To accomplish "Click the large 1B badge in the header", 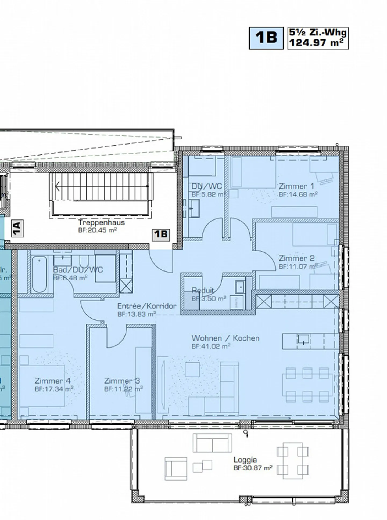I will (x=266, y=38).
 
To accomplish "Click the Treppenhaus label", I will (x=102, y=222).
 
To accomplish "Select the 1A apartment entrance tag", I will (x=17, y=228).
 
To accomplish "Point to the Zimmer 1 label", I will (x=296, y=186).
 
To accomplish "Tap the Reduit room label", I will (x=202, y=290).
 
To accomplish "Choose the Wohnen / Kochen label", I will (x=225, y=338).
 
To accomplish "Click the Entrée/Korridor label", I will (x=147, y=306).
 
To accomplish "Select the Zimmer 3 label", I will (x=122, y=381).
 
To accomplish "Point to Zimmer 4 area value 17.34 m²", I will (x=54, y=389).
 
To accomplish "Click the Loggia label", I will (x=245, y=460).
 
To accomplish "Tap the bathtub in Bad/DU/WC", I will (x=39, y=274).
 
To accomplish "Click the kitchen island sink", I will (x=303, y=340).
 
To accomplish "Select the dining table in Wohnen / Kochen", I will (x=307, y=385).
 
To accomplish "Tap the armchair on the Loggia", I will (x=176, y=468).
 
